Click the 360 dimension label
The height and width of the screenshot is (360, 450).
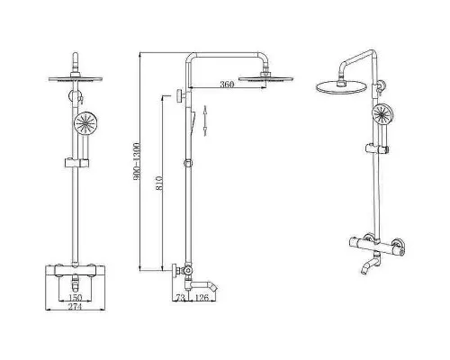(227, 85)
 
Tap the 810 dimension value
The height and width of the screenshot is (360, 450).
(159, 183)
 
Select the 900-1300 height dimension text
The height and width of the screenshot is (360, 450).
(137, 162)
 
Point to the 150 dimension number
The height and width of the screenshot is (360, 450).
(75, 298)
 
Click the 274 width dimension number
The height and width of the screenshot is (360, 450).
(75, 306)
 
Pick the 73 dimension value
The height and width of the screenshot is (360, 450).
(180, 298)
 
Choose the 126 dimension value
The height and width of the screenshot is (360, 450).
(202, 298)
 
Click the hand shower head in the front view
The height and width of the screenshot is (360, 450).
(84, 123)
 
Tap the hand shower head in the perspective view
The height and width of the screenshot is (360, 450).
(382, 113)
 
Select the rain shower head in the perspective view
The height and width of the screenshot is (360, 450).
(341, 86)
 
